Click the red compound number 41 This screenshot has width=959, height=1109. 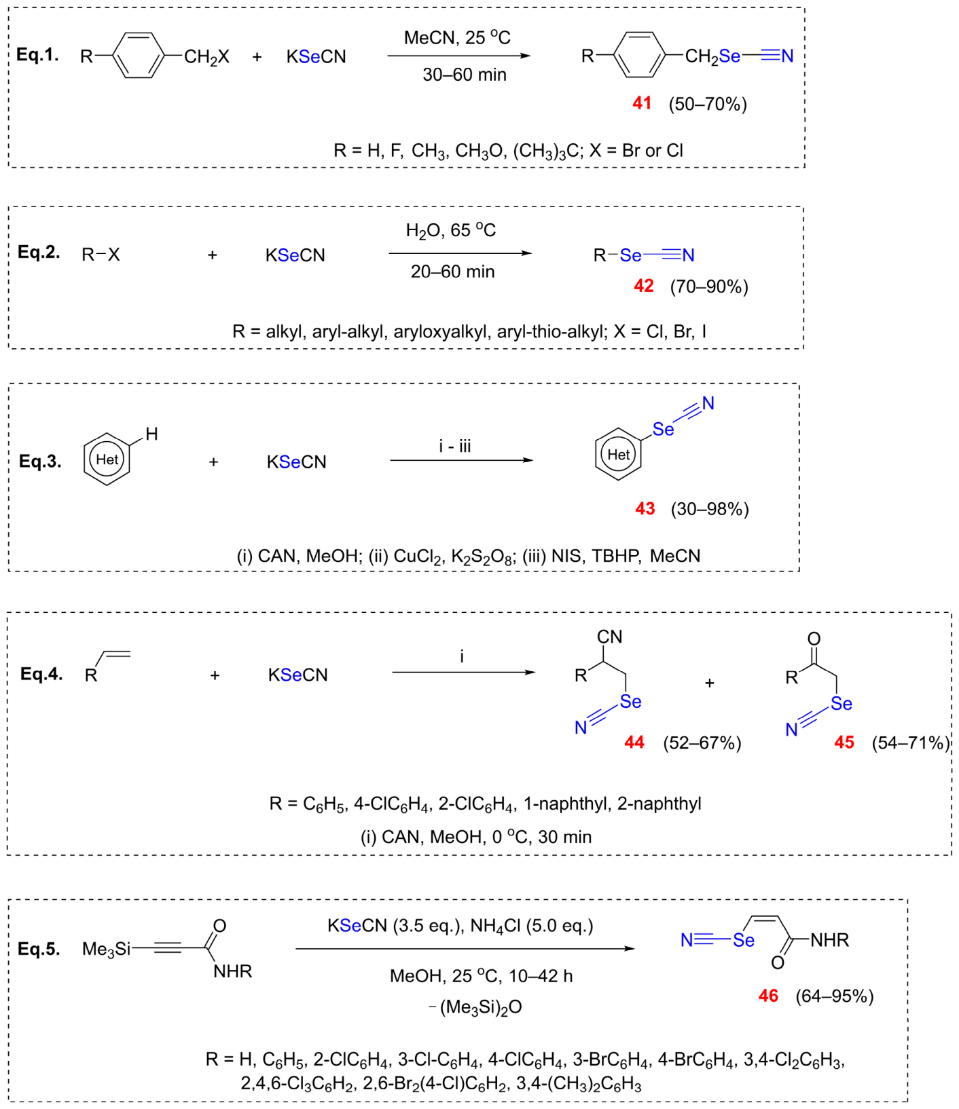pos(642,103)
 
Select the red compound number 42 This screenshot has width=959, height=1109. pos(643,286)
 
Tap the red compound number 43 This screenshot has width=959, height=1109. pos(645,508)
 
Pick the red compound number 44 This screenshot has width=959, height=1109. pos(634,743)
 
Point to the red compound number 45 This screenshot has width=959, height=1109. pos(844,743)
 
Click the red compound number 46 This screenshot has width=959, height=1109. pos(768,996)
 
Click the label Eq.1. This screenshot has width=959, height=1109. pos(38,55)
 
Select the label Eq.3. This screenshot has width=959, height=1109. pos(40,462)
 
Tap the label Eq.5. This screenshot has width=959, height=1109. pos(39,949)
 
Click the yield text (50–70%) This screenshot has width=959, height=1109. pos(708,104)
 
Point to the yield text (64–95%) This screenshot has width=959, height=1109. pos(835,996)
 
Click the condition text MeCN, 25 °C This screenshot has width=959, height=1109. pos(457,37)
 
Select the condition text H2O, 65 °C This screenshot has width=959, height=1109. pos(451,231)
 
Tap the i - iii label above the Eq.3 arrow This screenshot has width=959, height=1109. pos(455,446)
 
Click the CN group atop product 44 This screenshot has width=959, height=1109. pos(609,637)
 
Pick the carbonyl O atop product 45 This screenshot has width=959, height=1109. pos(814,639)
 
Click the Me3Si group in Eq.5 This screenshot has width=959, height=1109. pos(106,949)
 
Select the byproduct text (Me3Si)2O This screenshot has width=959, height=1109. pos(480,1007)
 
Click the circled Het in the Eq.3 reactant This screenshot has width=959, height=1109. pos(107,459)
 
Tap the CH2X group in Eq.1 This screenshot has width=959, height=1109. pos(206,57)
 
